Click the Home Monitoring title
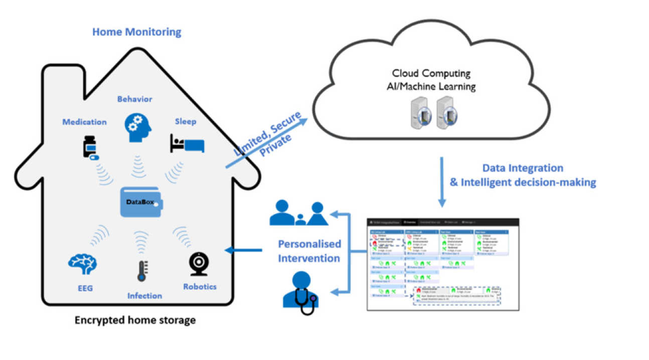(x=136, y=33)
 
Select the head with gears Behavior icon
(x=135, y=127)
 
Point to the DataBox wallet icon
(x=141, y=202)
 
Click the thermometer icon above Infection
(x=141, y=269)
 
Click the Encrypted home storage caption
(x=135, y=320)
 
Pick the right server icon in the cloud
(x=446, y=113)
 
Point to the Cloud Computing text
(x=431, y=73)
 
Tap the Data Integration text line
(x=523, y=168)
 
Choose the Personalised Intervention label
(x=309, y=251)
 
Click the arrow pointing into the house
(x=244, y=250)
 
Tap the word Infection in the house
(x=144, y=296)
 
